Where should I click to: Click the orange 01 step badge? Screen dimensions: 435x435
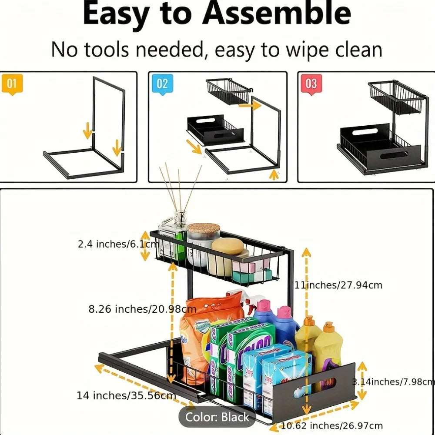(x=12, y=84)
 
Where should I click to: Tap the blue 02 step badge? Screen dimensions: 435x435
(x=162, y=84)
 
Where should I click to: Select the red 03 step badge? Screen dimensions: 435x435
(x=311, y=84)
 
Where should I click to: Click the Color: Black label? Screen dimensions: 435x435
(x=217, y=417)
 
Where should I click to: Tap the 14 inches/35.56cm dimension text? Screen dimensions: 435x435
(x=126, y=395)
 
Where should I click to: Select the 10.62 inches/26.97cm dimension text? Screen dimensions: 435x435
(x=332, y=425)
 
